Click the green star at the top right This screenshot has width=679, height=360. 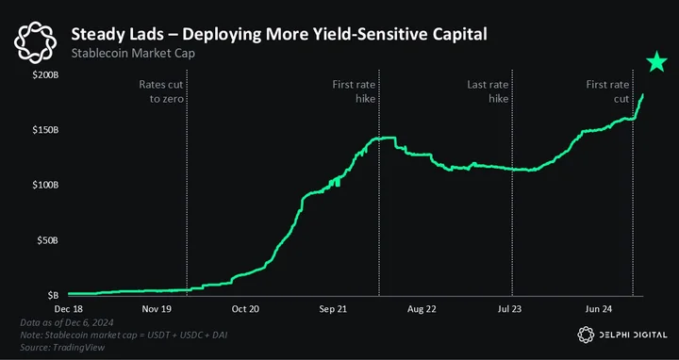657,61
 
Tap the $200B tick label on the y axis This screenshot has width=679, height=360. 45,75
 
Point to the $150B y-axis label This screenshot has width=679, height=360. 45,130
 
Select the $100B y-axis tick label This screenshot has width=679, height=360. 45,186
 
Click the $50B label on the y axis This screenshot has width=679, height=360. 47,240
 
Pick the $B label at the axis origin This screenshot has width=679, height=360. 53,296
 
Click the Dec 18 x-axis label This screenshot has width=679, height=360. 69,309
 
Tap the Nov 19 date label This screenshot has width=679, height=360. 157,309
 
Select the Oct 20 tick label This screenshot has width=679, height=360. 245,309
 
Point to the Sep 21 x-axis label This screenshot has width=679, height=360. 333,309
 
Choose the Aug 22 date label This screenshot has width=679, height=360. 422,309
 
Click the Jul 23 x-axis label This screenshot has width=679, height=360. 509,309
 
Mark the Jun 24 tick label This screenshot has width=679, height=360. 599,309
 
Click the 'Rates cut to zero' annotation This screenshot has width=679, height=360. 161,91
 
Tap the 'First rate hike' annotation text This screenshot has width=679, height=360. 354,91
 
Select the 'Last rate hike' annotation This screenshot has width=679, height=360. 488,91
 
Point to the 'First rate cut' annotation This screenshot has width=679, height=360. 607,91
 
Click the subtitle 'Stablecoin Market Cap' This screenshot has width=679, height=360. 133,54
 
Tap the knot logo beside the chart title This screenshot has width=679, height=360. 35,42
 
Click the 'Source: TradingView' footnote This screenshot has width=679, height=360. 62,347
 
